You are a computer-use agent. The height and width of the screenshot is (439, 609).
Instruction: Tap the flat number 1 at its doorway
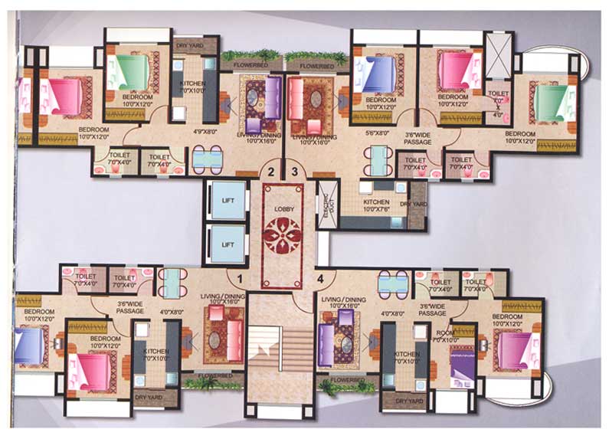click(x=240, y=279)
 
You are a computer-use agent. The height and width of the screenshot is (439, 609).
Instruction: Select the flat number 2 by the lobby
click(x=270, y=172)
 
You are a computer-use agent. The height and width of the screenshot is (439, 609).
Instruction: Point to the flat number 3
click(x=296, y=172)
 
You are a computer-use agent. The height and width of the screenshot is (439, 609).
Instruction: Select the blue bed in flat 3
click(x=381, y=75)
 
